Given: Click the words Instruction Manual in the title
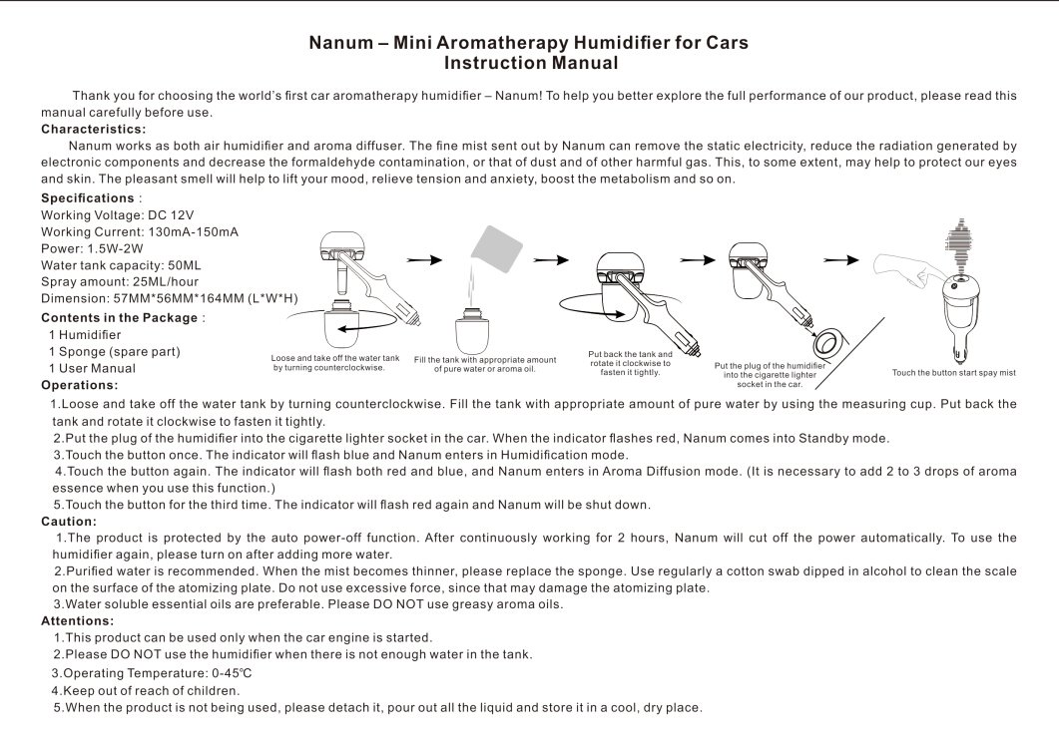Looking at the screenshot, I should click(x=530, y=64).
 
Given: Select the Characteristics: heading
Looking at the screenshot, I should click(x=94, y=129).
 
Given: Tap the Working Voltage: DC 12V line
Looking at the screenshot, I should click(x=117, y=214).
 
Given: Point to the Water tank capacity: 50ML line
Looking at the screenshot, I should click(x=121, y=264).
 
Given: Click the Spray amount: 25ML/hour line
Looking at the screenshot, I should click(x=120, y=281).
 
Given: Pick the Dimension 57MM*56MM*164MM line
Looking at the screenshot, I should click(x=169, y=298).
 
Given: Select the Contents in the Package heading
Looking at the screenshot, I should click(x=119, y=317).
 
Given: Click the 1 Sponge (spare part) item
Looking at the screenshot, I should click(x=114, y=351).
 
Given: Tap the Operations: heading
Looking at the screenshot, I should click(x=79, y=385).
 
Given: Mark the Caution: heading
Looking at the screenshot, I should click(x=69, y=521).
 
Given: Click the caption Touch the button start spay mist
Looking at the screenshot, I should click(x=953, y=373).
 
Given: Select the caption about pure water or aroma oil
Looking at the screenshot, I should click(x=484, y=364).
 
